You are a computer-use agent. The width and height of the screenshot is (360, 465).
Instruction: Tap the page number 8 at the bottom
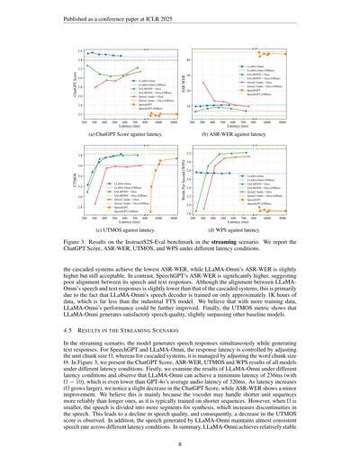(x=180, y=443)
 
